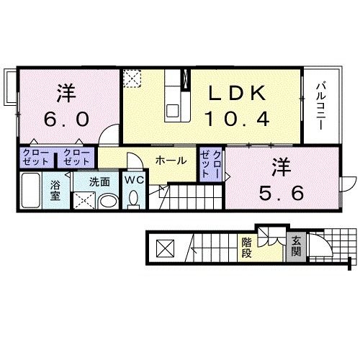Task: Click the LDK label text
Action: (x=238, y=94)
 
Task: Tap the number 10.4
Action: (x=238, y=120)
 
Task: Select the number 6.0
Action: (x=66, y=120)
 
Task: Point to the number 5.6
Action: (x=282, y=193)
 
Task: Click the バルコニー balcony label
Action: (x=321, y=106)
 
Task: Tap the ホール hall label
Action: (x=171, y=161)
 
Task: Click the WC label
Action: (x=134, y=180)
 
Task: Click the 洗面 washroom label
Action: (x=99, y=182)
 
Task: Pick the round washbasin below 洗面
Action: (x=109, y=201)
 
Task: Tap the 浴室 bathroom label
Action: (x=55, y=191)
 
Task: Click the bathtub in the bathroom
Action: (x=31, y=190)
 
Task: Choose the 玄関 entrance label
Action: (x=296, y=246)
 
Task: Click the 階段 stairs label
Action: (x=246, y=248)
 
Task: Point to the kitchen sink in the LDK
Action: (x=173, y=110)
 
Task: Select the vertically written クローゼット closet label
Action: (x=210, y=163)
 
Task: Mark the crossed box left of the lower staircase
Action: (x=165, y=248)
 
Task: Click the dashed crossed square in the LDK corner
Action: (x=132, y=78)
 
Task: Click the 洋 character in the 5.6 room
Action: (x=282, y=167)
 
